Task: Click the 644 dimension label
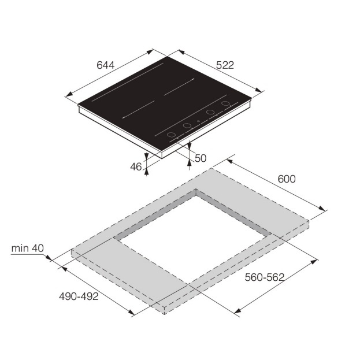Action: (105, 65)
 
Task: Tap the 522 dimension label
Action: (225, 65)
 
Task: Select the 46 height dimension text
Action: (136, 167)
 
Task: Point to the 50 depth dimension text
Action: (201, 158)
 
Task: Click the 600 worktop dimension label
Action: (287, 179)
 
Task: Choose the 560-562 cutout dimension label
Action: (265, 277)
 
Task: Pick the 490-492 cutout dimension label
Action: (79, 296)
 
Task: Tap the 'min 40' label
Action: (27, 248)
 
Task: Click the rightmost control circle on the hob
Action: (226, 103)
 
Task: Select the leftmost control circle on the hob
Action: (171, 135)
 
